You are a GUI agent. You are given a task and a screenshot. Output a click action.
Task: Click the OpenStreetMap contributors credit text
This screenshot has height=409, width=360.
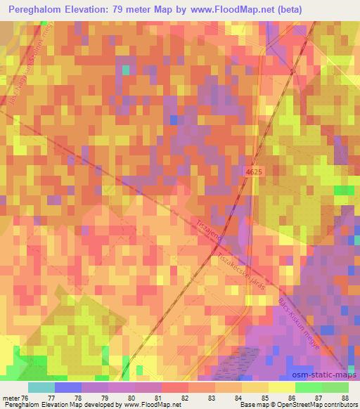pos(316,405)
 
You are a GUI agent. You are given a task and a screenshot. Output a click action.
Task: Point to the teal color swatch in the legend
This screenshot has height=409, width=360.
pos(41,387)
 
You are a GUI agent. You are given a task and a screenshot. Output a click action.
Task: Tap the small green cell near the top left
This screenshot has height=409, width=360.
pos(126,70)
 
